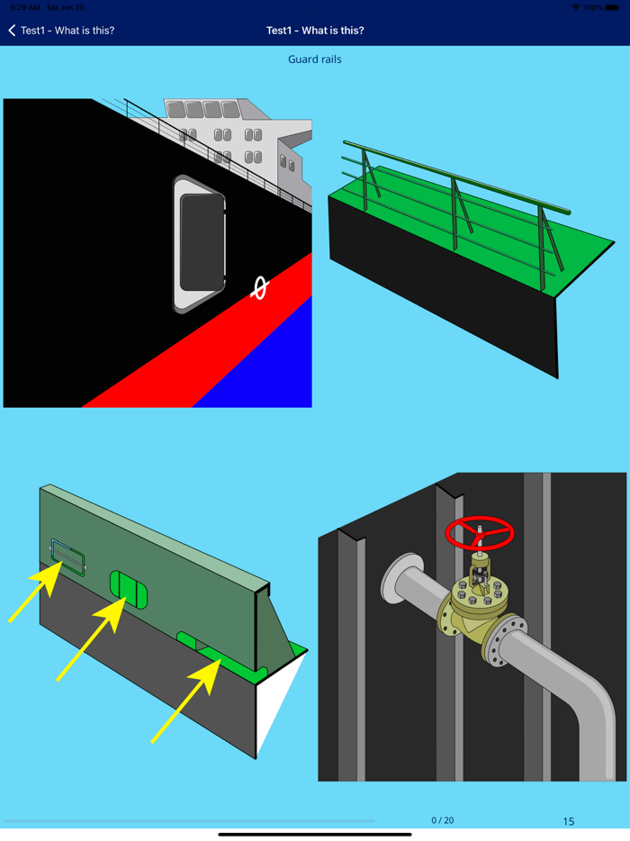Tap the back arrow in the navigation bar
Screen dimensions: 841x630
pos(12,31)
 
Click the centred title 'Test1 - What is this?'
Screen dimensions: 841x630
pos(315,31)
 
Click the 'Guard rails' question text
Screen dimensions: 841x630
pos(315,59)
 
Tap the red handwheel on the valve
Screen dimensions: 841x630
pos(480,533)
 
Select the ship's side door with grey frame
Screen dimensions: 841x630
pos(200,244)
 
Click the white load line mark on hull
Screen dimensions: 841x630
pos(259,287)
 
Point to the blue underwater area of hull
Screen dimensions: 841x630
pos(270,369)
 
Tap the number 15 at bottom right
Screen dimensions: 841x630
pos(568,821)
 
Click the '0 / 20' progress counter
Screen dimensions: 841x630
pos(442,820)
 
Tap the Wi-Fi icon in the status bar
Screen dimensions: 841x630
pos(576,7)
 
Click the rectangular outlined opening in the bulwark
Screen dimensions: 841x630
pos(67,557)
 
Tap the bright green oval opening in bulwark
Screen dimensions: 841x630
pos(129,589)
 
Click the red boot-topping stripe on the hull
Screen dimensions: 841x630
pos(207,351)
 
